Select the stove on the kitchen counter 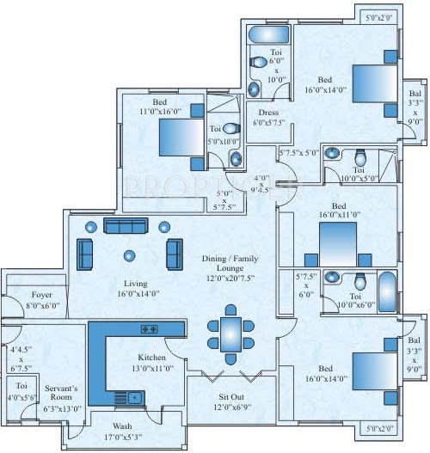point(149,328)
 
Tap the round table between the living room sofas point(130,254)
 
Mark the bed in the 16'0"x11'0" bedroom point(341,239)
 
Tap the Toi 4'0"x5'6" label point(20,392)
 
